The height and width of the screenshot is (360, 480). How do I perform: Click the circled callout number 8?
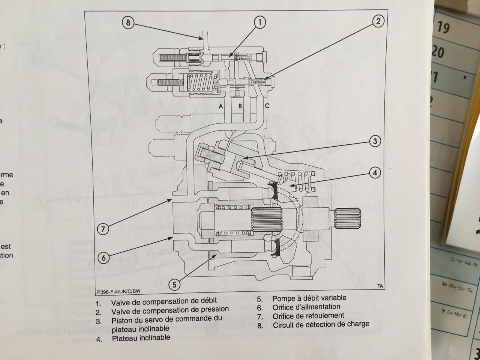(128, 23)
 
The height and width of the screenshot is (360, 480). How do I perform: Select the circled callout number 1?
(259, 22)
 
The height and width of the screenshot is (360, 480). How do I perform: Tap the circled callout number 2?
(378, 21)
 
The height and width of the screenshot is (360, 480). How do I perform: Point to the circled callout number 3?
(375, 141)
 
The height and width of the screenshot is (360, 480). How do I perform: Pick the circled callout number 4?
(375, 173)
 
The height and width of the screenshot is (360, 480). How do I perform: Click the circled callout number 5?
(174, 285)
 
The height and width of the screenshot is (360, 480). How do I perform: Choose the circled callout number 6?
(103, 258)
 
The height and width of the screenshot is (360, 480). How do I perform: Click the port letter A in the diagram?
(221, 106)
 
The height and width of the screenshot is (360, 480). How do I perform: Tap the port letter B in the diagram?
(240, 106)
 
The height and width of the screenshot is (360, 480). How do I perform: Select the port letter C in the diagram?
(267, 106)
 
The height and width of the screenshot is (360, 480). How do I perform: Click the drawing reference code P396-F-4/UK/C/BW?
(118, 291)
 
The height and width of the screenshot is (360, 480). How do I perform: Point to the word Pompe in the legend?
(283, 298)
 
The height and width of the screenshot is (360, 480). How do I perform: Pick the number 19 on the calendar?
(443, 27)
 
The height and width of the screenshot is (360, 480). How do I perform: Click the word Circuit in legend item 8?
(284, 325)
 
